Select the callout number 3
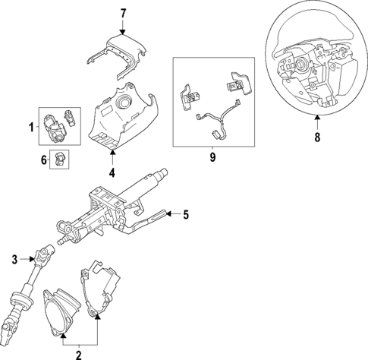(x=14, y=261)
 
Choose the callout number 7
(x=124, y=13)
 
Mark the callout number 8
(x=317, y=138)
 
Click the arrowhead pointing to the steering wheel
(x=317, y=118)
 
